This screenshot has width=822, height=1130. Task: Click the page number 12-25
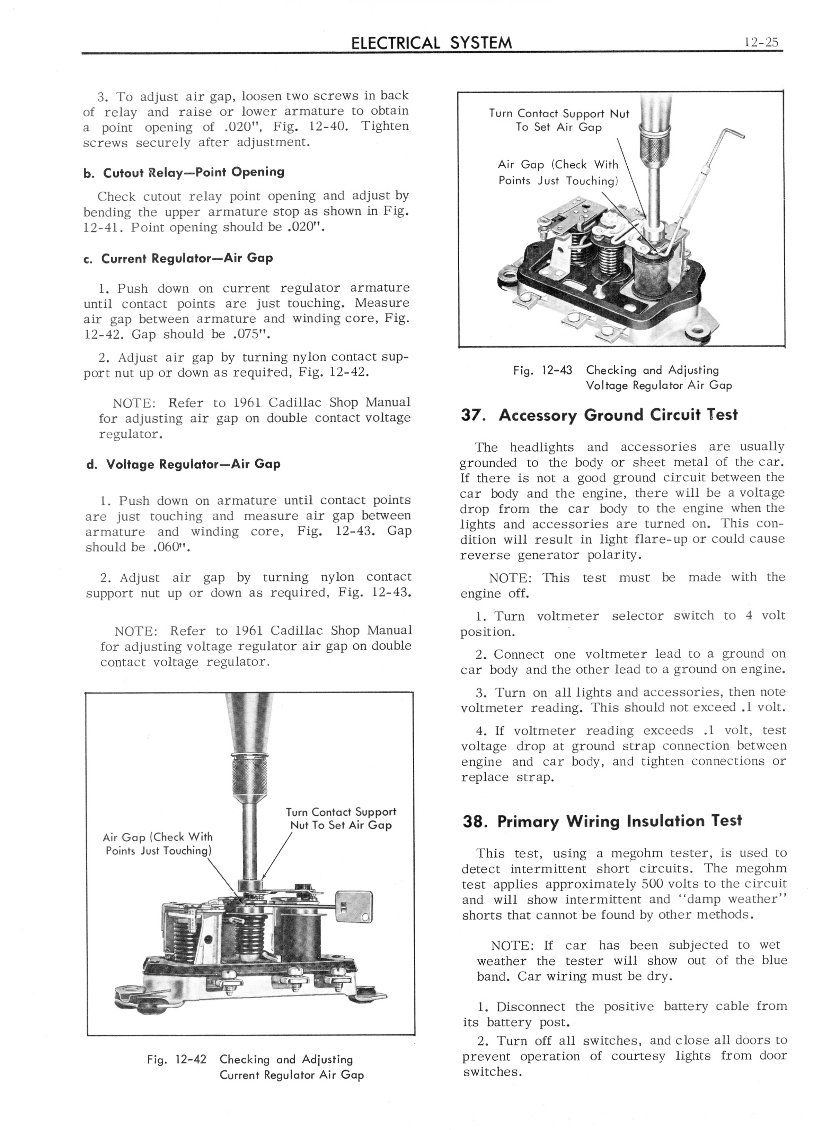pos(761,43)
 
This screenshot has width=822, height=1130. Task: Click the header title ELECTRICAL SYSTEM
pos(431,43)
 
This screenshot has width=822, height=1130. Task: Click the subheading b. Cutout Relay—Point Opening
pos(184,172)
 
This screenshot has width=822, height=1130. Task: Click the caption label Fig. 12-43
pos(543,371)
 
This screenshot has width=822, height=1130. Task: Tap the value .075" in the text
pos(251,334)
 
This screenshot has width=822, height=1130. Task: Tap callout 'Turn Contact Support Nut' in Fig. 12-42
pos(341,812)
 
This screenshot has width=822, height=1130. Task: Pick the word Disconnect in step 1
pos(532,1007)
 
